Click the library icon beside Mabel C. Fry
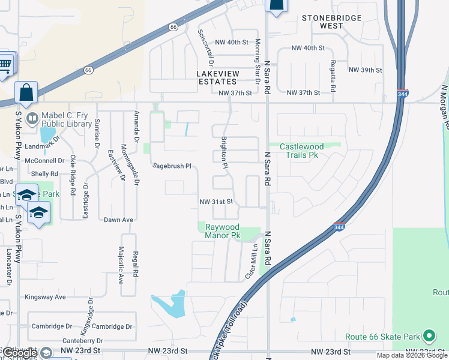click(x=32, y=117)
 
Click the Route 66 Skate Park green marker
click(x=429, y=336)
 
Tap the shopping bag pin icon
click(x=26, y=93)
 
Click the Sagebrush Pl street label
click(x=171, y=166)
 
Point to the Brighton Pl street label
click(x=224, y=152)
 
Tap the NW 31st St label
click(x=215, y=202)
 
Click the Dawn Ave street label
click(x=118, y=220)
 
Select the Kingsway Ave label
click(x=45, y=297)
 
